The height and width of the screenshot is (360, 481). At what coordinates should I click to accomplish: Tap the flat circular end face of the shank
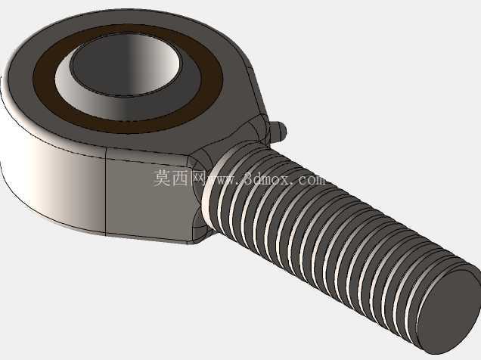[x=448, y=310]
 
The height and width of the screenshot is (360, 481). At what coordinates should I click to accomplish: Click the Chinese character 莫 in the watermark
[x=162, y=178]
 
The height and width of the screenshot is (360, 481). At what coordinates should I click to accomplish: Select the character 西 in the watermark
[x=179, y=178]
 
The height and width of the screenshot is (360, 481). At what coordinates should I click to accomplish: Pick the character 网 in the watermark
[x=197, y=178]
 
